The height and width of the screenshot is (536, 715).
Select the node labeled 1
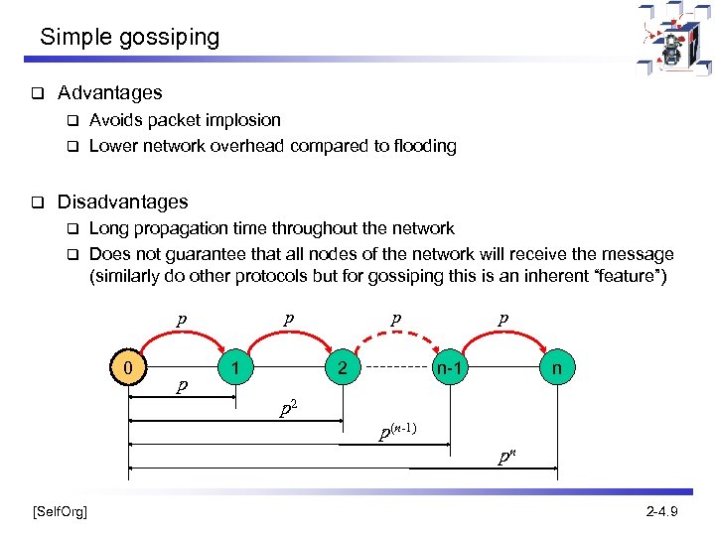(x=234, y=369)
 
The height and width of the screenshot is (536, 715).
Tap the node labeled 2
(x=341, y=369)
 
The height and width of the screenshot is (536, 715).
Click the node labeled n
(x=556, y=369)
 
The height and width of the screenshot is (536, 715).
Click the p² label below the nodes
(x=287, y=407)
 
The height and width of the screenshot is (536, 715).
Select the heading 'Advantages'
(x=109, y=93)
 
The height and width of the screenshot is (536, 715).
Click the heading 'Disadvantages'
(x=122, y=201)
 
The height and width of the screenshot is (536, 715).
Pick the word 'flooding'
(x=423, y=146)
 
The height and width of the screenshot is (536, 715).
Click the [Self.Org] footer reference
(x=60, y=511)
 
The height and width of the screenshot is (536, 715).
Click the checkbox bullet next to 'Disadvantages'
(x=36, y=202)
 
